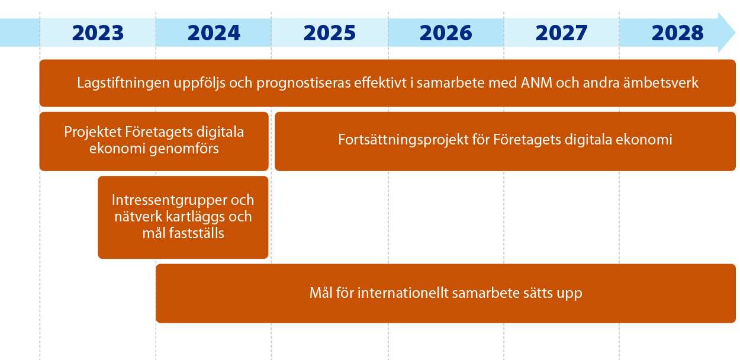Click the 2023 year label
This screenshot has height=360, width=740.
[98, 33]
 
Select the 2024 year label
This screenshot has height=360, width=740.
[214, 33]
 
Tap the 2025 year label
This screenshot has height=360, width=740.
[329, 33]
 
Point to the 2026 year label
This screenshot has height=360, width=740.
[446, 33]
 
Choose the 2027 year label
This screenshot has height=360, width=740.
[562, 33]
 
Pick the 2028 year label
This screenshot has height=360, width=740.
[678, 33]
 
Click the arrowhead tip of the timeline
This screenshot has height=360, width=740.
[735, 33]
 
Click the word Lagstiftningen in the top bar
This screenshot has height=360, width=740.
[124, 83]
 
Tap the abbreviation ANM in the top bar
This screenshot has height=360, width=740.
[536, 82]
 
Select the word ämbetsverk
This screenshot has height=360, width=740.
[661, 82]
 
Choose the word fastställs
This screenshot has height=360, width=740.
[197, 233]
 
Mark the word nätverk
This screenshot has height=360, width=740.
[138, 217]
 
